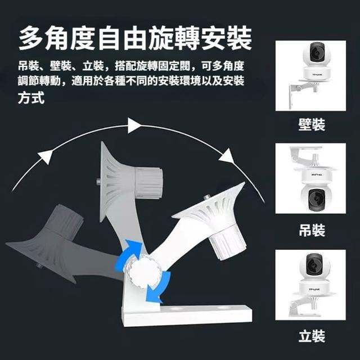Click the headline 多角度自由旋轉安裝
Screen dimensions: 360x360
pyautogui.click(x=135, y=38)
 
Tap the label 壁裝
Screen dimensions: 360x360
pyautogui.click(x=312, y=125)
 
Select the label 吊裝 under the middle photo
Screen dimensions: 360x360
pyautogui.click(x=312, y=230)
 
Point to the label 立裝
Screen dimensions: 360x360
pyautogui.click(x=312, y=336)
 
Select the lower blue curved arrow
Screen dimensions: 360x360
pyautogui.click(x=159, y=288)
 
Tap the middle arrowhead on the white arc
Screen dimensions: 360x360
pyautogui.click(x=134, y=125)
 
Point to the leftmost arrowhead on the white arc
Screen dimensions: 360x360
pyautogui.click(x=46, y=156)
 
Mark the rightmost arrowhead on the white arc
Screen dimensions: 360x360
pyautogui.click(x=227, y=156)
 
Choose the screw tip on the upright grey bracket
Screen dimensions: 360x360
pyautogui.click(x=97, y=182)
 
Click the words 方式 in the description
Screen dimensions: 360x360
pyautogui.click(x=31, y=98)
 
